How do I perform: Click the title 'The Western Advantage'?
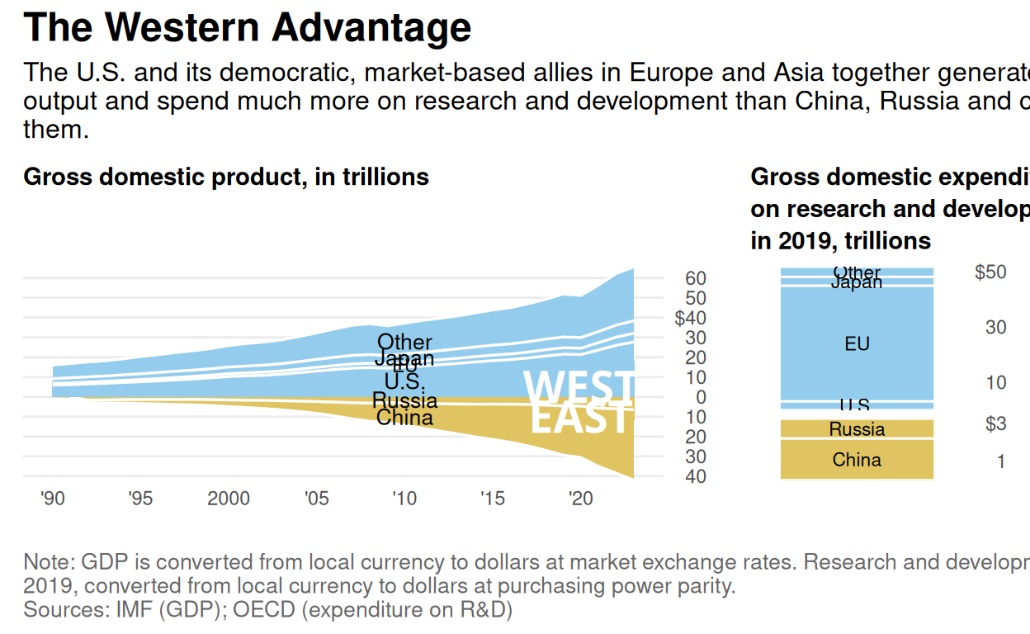tap(248, 27)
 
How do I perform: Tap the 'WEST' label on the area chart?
tap(579, 387)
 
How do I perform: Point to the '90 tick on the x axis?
tap(52, 499)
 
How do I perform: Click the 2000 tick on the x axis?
tap(229, 499)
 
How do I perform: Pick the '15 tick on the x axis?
tap(492, 499)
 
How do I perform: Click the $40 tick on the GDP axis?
tap(691, 318)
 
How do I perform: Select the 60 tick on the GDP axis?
tap(696, 278)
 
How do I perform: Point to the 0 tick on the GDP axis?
tap(701, 397)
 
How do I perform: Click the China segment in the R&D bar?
tap(857, 460)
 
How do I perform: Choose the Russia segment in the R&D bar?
tap(857, 429)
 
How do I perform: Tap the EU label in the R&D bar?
tap(857, 343)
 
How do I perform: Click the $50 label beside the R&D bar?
tap(990, 272)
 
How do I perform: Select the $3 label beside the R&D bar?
tap(995, 424)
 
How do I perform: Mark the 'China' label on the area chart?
tap(404, 418)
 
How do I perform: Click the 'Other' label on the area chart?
tap(404, 342)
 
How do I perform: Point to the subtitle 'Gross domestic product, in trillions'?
tap(226, 177)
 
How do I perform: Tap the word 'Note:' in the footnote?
tap(50, 562)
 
